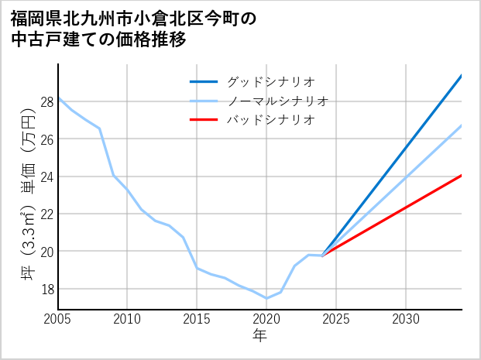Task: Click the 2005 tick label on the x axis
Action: pos(58,319)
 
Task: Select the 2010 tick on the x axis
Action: pos(128,319)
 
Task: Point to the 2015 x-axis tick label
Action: pos(197,319)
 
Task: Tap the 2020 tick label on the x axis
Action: pos(266,319)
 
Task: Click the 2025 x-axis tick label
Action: pos(336,319)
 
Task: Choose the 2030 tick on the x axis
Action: pos(406,319)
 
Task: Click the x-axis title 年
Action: pos(259,335)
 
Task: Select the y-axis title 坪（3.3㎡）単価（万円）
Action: pos(29,194)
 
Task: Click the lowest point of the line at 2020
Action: pos(266,298)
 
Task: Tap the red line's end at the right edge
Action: pos(462,175)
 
